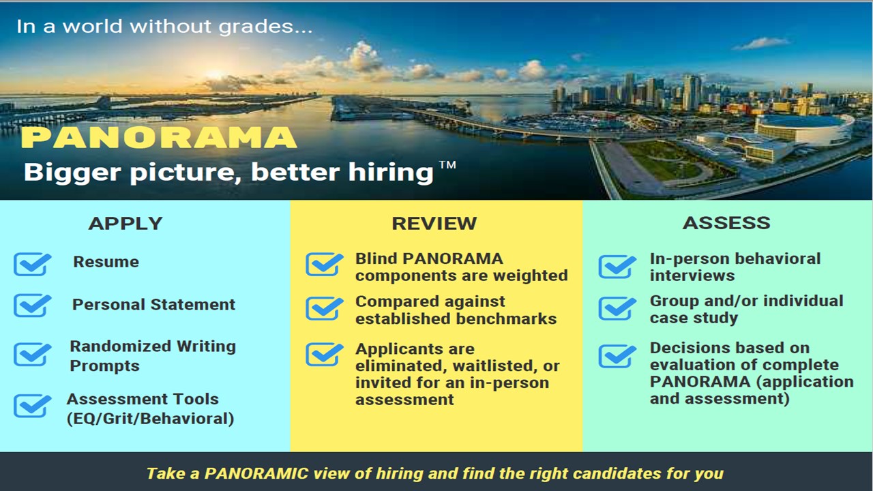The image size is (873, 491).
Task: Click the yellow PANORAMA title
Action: click(x=159, y=137)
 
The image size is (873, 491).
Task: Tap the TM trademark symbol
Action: click(x=447, y=164)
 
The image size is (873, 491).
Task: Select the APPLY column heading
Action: click(x=125, y=223)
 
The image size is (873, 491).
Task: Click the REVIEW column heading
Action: click(x=434, y=223)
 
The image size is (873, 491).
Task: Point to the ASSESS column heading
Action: click(x=726, y=223)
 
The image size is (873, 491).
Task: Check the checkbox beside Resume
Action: click(x=32, y=264)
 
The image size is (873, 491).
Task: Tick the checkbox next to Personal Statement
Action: click(x=32, y=305)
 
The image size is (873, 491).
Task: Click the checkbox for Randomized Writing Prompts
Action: click(x=32, y=354)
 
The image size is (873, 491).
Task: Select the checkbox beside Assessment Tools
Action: click(x=32, y=405)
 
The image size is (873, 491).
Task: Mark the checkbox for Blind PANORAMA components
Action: click(x=325, y=264)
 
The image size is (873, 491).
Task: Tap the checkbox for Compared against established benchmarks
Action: click(x=325, y=308)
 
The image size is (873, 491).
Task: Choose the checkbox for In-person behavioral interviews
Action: click(x=617, y=267)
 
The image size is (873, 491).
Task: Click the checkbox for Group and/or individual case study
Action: click(x=617, y=308)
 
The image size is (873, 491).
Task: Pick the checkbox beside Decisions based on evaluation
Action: click(x=617, y=356)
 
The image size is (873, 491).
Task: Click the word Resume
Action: click(x=106, y=262)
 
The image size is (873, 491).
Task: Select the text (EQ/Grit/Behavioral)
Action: click(x=151, y=419)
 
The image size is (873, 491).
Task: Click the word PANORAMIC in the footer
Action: click(x=256, y=473)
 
